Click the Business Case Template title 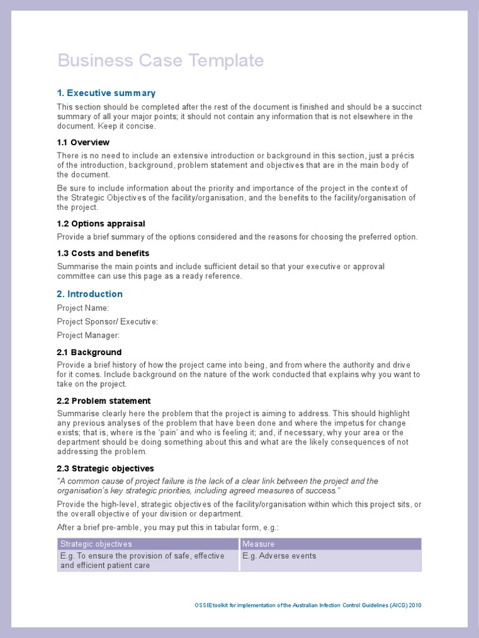click(x=160, y=60)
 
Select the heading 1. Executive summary click(x=106, y=93)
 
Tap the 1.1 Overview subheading click(x=83, y=142)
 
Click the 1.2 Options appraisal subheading click(x=101, y=223)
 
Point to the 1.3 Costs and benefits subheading click(x=103, y=253)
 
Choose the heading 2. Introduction click(x=90, y=293)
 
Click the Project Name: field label click(x=83, y=308)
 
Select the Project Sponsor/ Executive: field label click(x=107, y=321)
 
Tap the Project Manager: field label click(x=88, y=335)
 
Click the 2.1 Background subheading click(x=89, y=352)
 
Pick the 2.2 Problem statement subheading click(x=104, y=401)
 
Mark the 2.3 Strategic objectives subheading click(x=105, y=468)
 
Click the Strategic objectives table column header click(x=96, y=544)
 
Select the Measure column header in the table click(x=258, y=544)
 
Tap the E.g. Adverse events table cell click(x=279, y=556)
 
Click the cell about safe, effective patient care click(x=142, y=561)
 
